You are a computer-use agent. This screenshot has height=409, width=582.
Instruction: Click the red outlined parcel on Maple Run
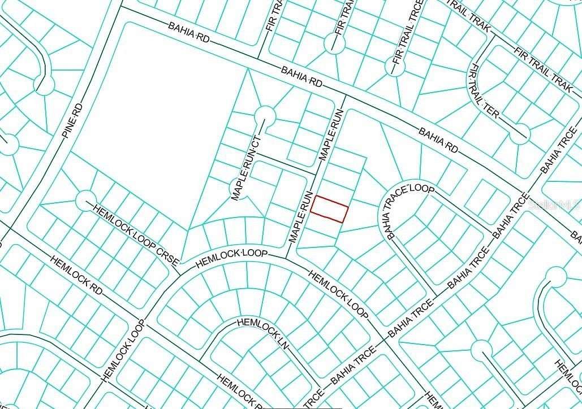[329, 208]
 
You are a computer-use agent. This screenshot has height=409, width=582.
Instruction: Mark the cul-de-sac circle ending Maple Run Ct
[264, 115]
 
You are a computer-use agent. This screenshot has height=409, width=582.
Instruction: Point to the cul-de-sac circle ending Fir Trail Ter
[519, 134]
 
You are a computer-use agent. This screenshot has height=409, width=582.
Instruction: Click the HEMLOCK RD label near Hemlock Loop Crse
[76, 275]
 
